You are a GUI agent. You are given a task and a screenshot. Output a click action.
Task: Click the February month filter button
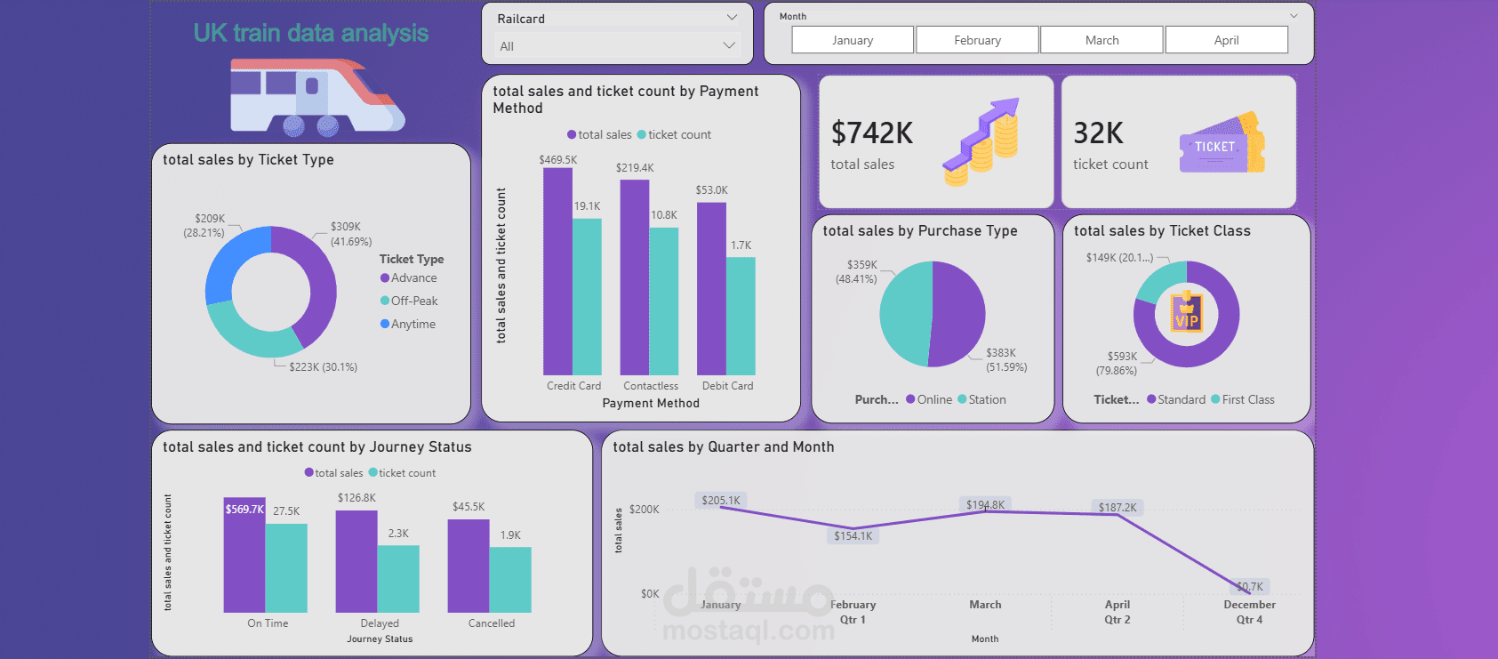point(977,40)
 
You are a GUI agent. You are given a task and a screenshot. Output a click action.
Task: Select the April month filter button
point(1227,40)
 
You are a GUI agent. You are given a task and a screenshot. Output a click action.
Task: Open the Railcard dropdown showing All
point(617,46)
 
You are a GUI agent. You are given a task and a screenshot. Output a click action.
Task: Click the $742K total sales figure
point(871,133)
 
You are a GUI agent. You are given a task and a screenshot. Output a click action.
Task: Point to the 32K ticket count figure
point(1098,133)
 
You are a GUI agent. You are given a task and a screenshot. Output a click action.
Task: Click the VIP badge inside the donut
point(1186,312)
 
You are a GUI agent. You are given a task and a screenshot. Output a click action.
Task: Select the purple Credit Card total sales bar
point(557,271)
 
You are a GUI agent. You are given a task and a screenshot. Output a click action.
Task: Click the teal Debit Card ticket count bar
point(741,316)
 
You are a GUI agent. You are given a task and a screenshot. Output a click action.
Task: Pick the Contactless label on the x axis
point(651,386)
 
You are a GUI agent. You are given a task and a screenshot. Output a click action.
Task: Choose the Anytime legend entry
point(408,324)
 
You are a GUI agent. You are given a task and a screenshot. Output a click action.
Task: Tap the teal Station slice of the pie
point(903,315)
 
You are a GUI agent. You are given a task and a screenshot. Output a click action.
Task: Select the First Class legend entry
point(1243,399)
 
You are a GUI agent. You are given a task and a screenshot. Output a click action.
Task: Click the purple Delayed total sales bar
point(356,561)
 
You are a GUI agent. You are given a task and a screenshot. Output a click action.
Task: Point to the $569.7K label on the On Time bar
point(244,509)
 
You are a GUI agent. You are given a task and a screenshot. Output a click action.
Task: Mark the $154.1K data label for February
point(853,536)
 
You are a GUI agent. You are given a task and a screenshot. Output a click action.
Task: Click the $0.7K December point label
point(1250,587)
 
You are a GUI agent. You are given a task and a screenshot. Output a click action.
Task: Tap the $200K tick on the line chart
point(644,509)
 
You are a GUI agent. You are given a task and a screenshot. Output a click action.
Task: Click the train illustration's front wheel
point(328,125)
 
